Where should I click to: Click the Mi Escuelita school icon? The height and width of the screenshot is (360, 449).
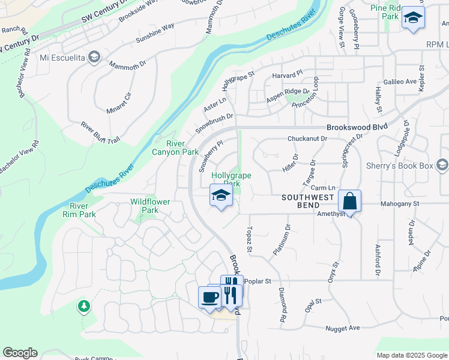click(94, 58)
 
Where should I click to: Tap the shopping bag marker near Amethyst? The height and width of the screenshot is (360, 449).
click(349, 201)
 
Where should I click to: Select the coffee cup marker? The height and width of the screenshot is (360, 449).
click(209, 297)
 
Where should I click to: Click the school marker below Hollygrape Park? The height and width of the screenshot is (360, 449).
click(220, 196)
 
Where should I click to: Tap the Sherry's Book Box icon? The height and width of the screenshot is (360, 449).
click(442, 165)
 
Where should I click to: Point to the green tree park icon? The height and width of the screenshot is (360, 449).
click(84, 307)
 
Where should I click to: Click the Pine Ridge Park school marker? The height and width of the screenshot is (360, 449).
click(412, 18)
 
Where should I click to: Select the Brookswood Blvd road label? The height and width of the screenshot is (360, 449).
click(357, 127)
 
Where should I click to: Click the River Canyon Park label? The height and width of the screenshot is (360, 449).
click(182, 148)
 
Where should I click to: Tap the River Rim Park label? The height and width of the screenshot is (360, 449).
click(79, 210)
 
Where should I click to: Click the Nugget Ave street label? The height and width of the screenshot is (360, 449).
click(342, 328)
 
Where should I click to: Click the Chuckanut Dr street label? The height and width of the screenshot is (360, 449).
click(307, 139)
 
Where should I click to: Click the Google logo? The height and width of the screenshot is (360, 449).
click(20, 353)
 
